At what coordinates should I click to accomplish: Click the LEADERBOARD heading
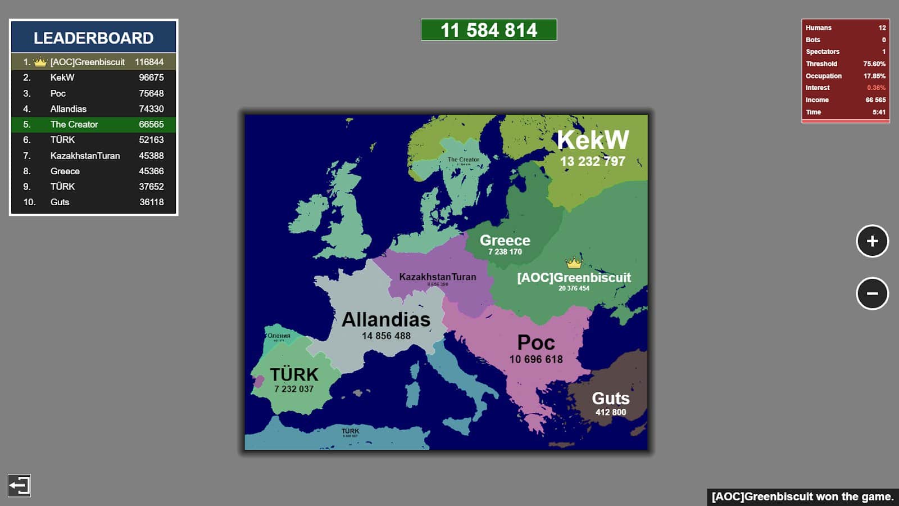(x=93, y=38)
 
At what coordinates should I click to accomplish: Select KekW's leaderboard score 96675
(x=151, y=78)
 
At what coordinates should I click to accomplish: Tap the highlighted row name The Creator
(x=74, y=124)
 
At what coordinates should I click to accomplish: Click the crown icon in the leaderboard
(x=40, y=62)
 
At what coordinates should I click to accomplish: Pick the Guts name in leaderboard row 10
(x=60, y=202)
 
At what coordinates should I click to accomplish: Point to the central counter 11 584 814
(x=489, y=30)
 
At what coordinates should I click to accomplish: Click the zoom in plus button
(x=872, y=241)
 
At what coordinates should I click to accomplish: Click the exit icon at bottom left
(x=19, y=485)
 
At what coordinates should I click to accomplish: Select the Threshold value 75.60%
(x=874, y=64)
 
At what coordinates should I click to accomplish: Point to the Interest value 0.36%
(x=875, y=88)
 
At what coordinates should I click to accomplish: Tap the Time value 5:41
(x=879, y=112)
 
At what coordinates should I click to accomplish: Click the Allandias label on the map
(x=386, y=320)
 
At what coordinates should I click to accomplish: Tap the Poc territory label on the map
(x=536, y=343)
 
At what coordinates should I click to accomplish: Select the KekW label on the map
(x=593, y=140)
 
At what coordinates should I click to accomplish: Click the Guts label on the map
(x=611, y=399)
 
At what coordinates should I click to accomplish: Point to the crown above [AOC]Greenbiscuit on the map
(x=574, y=263)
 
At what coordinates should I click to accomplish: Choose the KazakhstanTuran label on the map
(x=437, y=277)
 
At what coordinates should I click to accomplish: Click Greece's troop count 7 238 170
(x=505, y=252)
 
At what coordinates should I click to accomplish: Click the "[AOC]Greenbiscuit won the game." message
(x=802, y=496)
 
